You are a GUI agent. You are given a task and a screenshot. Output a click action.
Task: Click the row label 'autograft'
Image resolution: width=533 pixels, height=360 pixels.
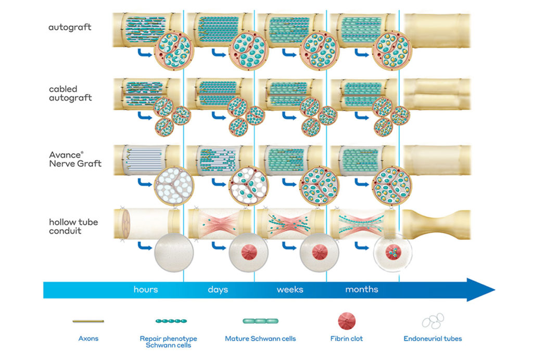point(70,27)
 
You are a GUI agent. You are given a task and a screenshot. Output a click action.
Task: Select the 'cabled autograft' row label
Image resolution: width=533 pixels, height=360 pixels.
point(70,93)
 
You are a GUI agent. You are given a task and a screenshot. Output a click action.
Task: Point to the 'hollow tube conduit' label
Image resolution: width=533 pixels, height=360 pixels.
point(73,227)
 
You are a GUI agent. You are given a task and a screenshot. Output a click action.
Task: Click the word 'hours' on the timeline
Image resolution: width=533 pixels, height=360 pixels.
point(146,289)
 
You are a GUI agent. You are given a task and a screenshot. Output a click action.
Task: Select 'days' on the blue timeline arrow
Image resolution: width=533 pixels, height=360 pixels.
point(218,289)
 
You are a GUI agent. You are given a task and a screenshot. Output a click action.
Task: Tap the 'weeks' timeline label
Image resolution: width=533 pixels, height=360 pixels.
point(289,289)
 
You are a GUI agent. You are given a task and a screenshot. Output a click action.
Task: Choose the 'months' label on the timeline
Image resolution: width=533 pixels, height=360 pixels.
point(362,289)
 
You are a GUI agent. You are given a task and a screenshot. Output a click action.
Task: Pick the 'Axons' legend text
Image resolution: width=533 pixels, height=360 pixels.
point(87,339)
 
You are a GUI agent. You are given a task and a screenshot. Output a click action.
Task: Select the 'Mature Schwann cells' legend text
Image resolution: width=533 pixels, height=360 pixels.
point(260,339)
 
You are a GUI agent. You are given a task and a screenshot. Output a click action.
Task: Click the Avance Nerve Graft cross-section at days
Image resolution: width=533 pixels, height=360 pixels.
point(248,185)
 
